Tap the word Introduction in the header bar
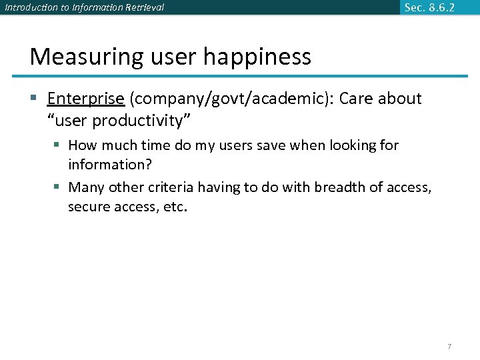tap(27, 8)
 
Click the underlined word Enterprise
tap(85, 99)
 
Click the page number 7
tap(449, 346)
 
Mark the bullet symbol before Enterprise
tap(35, 99)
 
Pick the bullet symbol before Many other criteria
tap(58, 187)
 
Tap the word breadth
tap(338, 187)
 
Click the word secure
tap(87, 207)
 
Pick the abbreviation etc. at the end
tap(176, 207)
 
